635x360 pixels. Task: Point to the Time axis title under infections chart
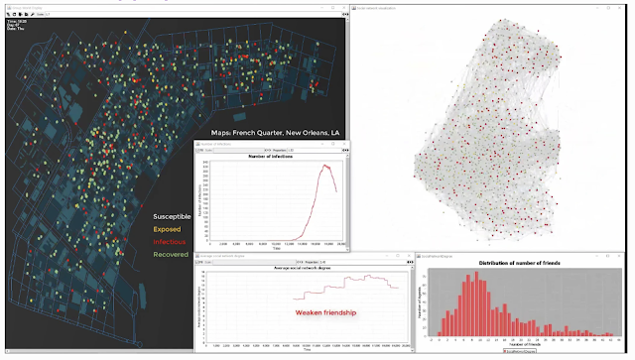click(271, 251)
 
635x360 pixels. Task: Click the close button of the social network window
click(629, 8)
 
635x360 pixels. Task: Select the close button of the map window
click(342, 8)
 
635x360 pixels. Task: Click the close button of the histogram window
click(629, 253)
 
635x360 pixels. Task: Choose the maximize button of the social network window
click(620, 8)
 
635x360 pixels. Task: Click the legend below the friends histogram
click(521, 350)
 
